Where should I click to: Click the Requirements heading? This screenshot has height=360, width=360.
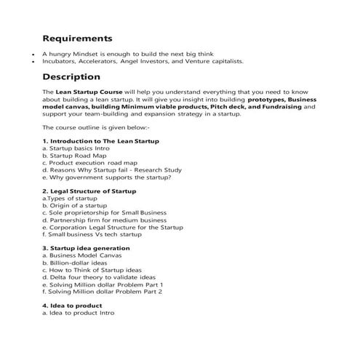(x=77, y=38)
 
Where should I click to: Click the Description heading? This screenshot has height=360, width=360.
(x=71, y=76)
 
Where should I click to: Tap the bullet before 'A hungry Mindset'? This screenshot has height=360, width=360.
(x=33, y=55)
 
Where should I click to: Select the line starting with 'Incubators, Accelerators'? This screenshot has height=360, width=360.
(x=143, y=62)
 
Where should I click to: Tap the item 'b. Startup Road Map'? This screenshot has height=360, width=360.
(x=74, y=155)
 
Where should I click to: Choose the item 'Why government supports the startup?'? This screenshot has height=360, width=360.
(x=106, y=177)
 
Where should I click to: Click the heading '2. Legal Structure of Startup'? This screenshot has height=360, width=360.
(x=89, y=191)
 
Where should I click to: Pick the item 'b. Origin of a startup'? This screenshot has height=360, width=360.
(x=74, y=205)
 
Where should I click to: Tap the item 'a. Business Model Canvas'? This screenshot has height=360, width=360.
(x=82, y=256)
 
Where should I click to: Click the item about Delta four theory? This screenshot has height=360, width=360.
(x=98, y=277)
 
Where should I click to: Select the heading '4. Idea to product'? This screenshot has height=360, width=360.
(x=73, y=306)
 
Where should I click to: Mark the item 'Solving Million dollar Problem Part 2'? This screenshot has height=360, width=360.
(x=102, y=292)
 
